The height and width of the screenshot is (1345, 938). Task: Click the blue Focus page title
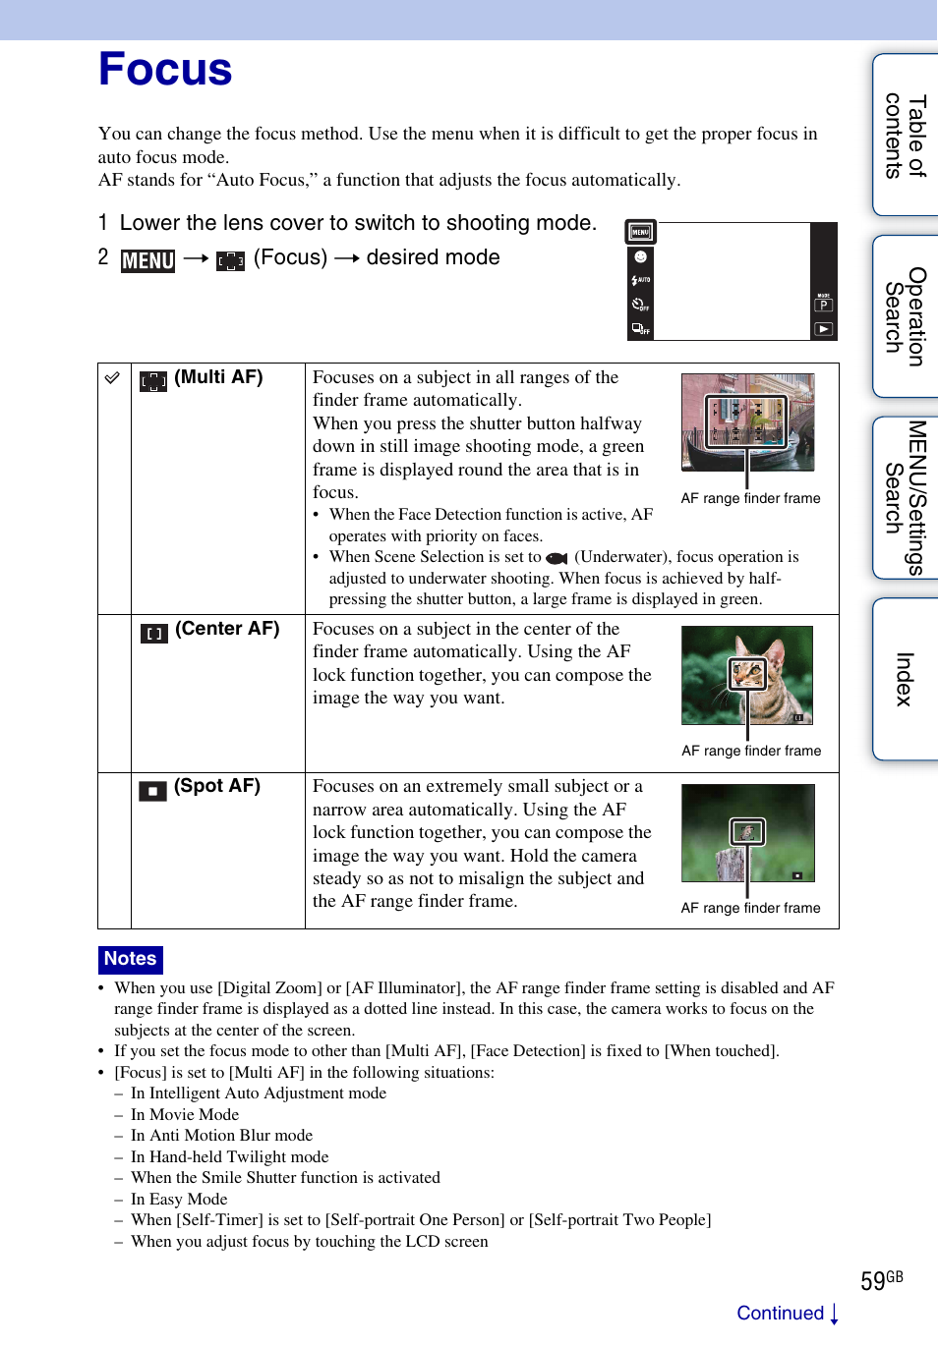coord(165,70)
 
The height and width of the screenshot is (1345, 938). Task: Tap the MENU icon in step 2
coord(147,260)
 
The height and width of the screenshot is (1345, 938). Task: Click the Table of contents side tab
coord(906,136)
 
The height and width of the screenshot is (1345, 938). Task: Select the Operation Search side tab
coord(906,316)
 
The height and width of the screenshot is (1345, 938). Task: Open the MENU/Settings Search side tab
coord(906,497)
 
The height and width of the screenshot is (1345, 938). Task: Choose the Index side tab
coord(906,679)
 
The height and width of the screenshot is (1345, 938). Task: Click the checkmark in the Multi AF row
coord(113,378)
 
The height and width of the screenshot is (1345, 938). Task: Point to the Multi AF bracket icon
coord(153,381)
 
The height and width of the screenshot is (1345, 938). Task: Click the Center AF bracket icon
coord(154,634)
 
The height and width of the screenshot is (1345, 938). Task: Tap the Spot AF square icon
coord(152,791)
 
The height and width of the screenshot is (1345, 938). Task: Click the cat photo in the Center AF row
coord(747,675)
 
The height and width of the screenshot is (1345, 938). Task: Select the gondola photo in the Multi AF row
coord(747,422)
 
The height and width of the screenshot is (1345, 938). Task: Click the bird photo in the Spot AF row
coord(747,832)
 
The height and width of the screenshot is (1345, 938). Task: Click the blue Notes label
coord(130,959)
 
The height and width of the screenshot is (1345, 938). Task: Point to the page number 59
coord(873,1281)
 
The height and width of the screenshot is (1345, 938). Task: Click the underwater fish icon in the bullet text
coord(557,558)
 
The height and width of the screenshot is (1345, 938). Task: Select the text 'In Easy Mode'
coord(179,1199)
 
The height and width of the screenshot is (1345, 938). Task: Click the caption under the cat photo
coord(751,751)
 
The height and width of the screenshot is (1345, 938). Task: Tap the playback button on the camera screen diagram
coord(824,329)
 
